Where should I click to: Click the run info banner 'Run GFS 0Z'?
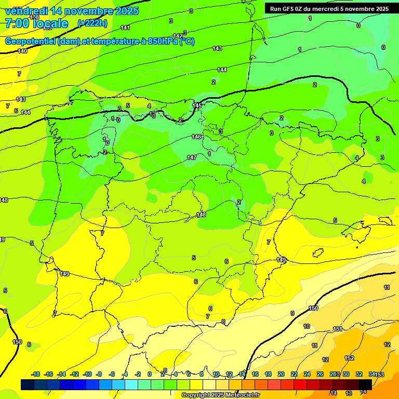point(329,9)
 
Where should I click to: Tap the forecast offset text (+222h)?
point(92,23)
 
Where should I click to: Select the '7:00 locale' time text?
point(36,23)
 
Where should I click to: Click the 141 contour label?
point(125,28)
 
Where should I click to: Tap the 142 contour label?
point(178,36)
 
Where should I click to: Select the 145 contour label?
point(197,105)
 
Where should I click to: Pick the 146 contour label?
point(196,137)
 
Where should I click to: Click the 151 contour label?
point(338,329)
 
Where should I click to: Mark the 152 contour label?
point(349,358)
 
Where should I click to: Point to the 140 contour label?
point(22,51)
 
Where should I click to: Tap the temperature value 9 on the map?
point(292,313)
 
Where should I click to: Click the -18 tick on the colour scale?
point(36,374)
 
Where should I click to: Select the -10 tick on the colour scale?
point(87,374)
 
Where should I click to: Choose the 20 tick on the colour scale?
point(281,374)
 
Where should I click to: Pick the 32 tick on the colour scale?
point(358,374)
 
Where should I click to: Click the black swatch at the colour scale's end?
point(365,384)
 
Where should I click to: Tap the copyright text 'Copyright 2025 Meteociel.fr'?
point(220,395)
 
